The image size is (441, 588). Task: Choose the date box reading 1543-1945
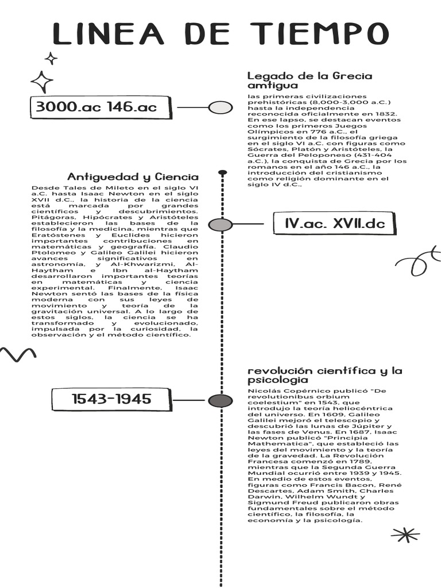tap(111, 399)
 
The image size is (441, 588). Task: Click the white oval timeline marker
tap(220, 107)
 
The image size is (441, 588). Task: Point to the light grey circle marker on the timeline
tap(220, 225)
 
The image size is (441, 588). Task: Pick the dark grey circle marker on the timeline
tap(220, 401)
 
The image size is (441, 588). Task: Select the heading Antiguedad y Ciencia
tap(133, 177)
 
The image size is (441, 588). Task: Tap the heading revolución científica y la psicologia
tap(324, 375)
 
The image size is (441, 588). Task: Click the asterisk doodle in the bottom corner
tap(405, 535)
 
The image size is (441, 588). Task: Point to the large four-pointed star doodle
tap(42, 82)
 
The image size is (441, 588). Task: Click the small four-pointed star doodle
tap(51, 58)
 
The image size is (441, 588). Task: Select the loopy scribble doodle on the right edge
tap(420, 261)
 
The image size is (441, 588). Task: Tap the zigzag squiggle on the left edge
tap(18, 353)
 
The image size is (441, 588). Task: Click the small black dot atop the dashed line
tap(223, 172)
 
